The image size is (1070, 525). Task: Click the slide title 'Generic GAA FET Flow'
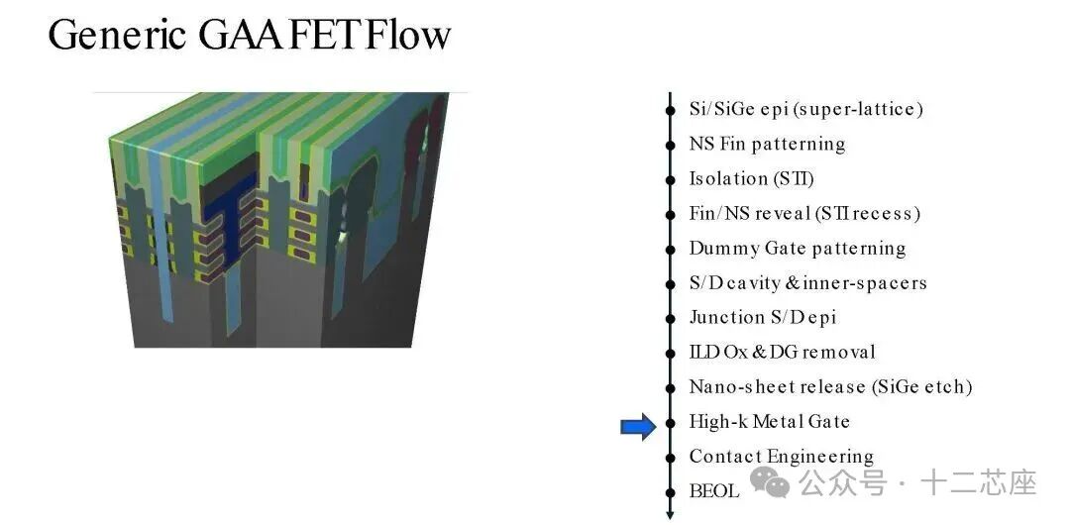250,36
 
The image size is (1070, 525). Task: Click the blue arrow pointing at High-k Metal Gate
638,427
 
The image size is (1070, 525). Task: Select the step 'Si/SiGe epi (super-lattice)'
805,109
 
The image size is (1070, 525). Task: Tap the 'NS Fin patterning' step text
767,144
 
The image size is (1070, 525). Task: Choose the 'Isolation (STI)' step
751,178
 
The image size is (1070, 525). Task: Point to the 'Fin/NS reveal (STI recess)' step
804,213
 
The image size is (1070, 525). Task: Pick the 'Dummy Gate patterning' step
797,248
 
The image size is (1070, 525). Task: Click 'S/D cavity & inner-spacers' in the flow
807,282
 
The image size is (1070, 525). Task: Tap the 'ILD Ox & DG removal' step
782,352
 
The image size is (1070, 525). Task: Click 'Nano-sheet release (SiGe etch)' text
830,386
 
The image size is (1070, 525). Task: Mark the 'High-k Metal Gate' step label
769,421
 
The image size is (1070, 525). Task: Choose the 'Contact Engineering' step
781,456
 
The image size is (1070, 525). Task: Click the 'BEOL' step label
713,490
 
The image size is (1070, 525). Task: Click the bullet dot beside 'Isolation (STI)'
671,178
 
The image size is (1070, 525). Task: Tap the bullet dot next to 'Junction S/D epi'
671,317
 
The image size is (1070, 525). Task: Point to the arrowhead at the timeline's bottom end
671,513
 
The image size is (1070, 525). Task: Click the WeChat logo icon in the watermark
770,482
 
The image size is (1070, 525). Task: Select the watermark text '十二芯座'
979,482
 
